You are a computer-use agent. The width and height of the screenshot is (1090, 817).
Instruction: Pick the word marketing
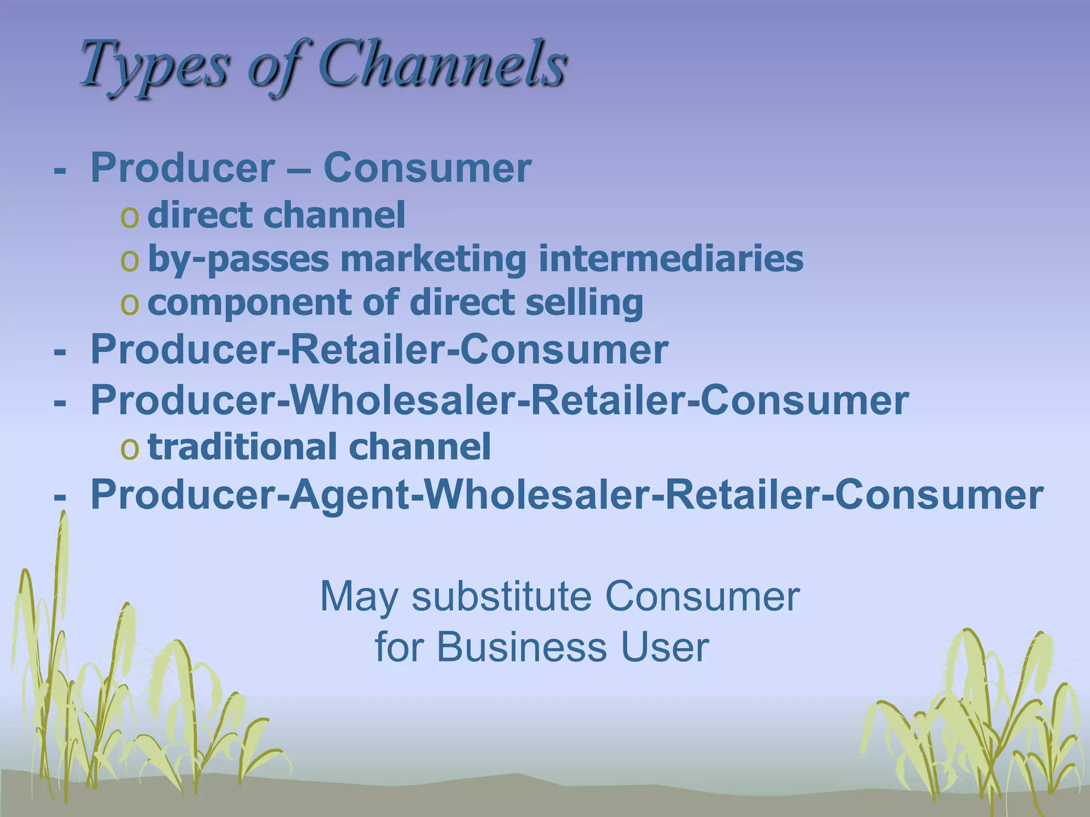click(433, 259)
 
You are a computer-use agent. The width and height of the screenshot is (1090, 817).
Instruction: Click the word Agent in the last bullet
click(349, 495)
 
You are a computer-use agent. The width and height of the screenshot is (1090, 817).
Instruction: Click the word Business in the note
click(521, 647)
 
